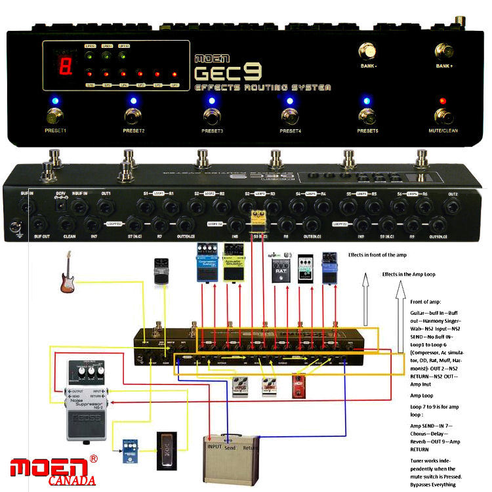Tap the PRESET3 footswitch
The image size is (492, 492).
click(x=212, y=117)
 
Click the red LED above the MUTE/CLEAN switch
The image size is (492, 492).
click(x=443, y=101)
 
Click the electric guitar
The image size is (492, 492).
click(x=65, y=276)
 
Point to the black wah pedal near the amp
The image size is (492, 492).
click(x=167, y=451)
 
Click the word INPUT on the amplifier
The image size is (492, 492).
click(x=214, y=446)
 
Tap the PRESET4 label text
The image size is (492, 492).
click(x=289, y=131)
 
